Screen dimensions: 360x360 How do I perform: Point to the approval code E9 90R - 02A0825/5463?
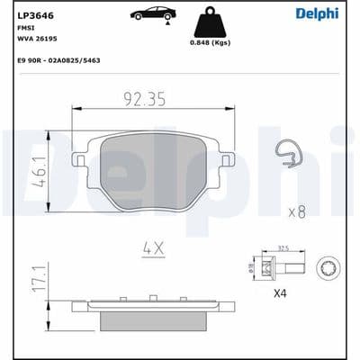58,58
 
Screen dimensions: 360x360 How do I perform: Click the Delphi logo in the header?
320,13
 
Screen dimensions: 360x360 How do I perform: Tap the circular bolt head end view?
328,266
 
